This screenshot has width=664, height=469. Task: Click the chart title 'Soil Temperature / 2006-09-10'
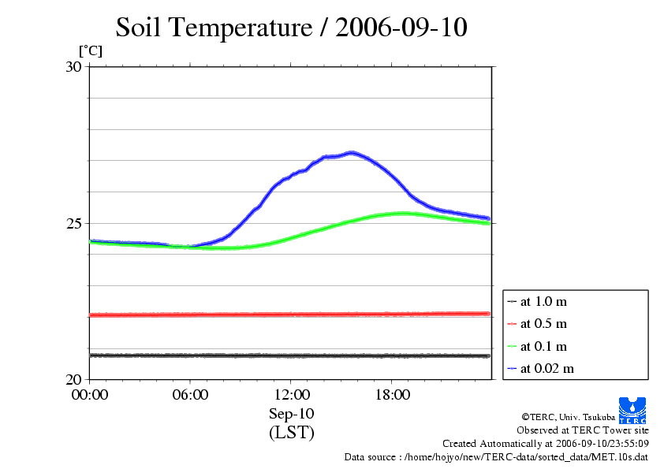[x=292, y=28]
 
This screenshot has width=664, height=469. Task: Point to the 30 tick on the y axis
[x=73, y=67]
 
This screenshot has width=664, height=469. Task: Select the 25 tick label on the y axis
[x=73, y=223]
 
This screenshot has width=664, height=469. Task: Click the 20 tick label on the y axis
[x=73, y=379]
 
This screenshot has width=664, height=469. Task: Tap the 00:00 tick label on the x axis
[x=90, y=395]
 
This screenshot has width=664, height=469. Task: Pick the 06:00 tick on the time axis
[x=190, y=395]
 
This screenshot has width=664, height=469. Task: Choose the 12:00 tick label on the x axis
[x=291, y=395]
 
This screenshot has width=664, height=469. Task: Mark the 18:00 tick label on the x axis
[x=392, y=395]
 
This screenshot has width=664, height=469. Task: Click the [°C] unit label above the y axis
[x=90, y=50]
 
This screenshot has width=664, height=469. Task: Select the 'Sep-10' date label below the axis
[x=291, y=414]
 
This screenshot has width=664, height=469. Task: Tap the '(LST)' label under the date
[x=291, y=433]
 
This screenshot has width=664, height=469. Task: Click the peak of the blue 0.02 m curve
[x=351, y=152]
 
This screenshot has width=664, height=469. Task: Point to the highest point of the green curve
[x=403, y=213]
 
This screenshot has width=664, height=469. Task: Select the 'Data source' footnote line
[x=496, y=456]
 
